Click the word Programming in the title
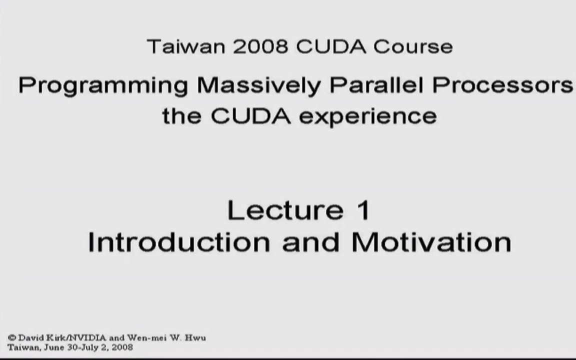pyautogui.click(x=103, y=86)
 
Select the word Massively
pyautogui.click(x=258, y=86)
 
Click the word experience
pyautogui.click(x=368, y=116)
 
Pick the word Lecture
pyautogui.click(x=285, y=210)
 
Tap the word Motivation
pyautogui.click(x=431, y=242)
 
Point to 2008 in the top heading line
pyautogui.click(x=260, y=46)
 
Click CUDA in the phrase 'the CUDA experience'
pyautogui.click(x=250, y=116)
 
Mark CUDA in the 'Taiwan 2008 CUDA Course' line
pyautogui.click(x=331, y=46)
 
